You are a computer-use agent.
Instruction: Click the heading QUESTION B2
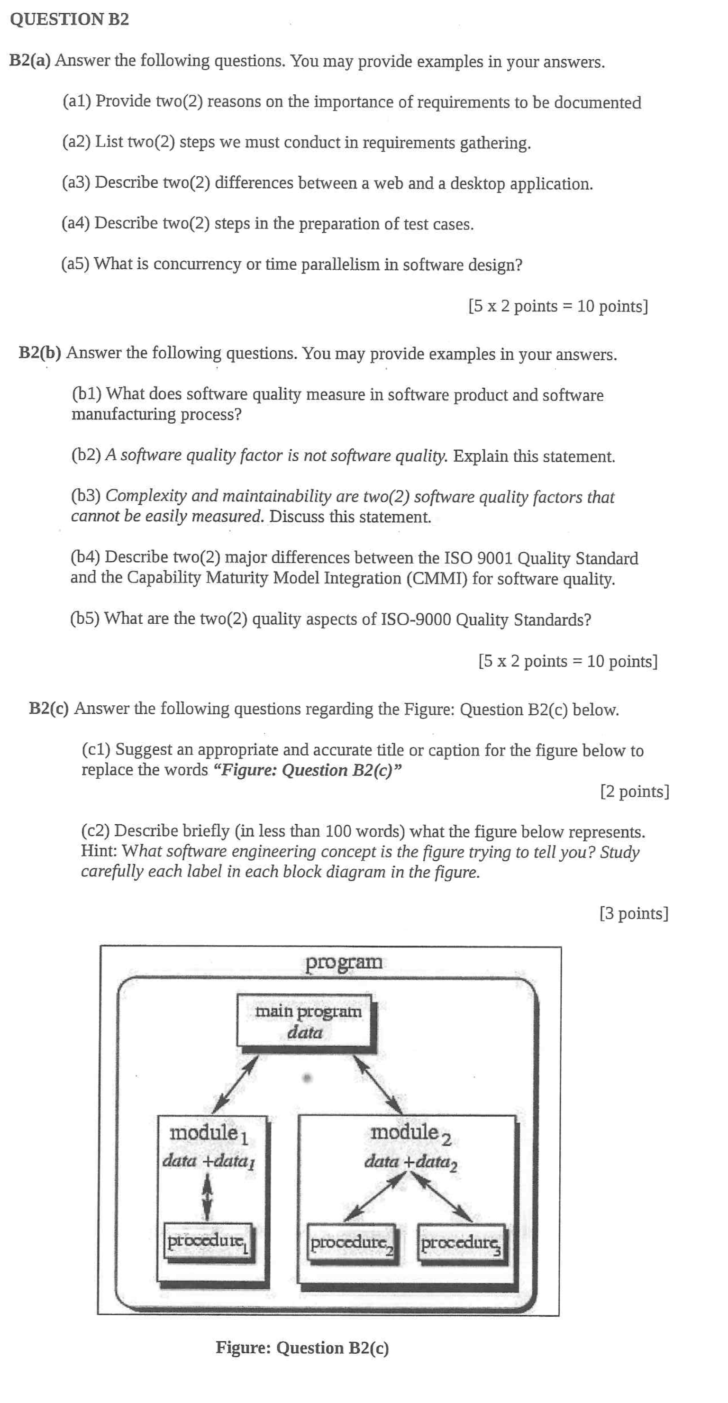[x=69, y=19]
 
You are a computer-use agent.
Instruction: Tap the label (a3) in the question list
[x=76, y=182]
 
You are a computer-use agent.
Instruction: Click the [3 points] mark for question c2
[x=634, y=913]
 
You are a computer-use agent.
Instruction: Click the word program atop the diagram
[x=344, y=962]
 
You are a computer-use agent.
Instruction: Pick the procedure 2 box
[x=352, y=1243]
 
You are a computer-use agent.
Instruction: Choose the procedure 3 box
[x=462, y=1243]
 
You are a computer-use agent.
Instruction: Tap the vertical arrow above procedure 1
[x=207, y=1195]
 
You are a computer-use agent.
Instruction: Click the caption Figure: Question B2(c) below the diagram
[x=302, y=1348]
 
